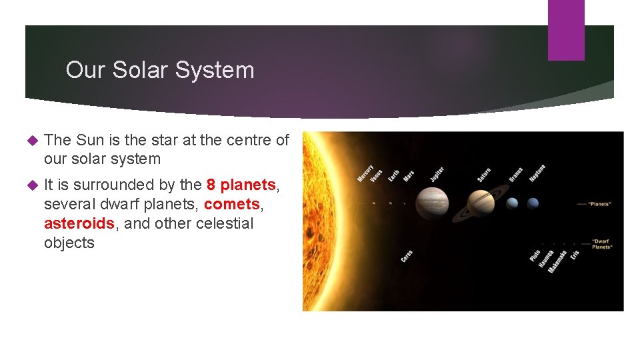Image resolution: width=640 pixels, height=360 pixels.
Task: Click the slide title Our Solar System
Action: pos(160,70)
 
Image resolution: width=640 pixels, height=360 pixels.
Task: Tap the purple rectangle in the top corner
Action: pos(565,30)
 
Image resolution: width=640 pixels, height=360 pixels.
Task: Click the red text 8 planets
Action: pos(241,185)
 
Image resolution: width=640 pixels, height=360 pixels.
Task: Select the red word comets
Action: pos(231,204)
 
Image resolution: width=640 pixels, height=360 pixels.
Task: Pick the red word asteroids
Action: pos(79,223)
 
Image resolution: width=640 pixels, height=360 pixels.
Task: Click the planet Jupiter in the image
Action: pos(432,203)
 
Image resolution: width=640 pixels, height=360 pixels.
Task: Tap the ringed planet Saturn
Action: pos(480,203)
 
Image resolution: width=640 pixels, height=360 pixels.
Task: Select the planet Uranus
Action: pos(512,203)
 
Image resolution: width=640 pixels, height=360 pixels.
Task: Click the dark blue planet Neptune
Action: pos(533,203)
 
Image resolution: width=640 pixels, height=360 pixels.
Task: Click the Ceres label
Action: pos(407,256)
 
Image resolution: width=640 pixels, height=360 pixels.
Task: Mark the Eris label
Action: pos(575,255)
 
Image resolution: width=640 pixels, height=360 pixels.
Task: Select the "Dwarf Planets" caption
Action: pos(602,244)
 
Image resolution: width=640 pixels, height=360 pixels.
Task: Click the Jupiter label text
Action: pos(437,174)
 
